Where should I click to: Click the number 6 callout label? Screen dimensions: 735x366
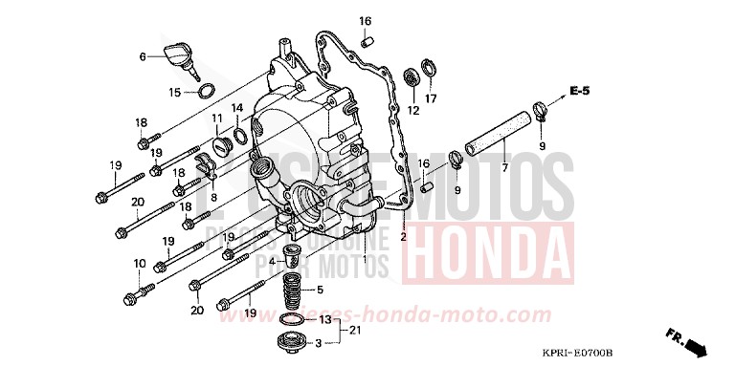(x=143, y=57)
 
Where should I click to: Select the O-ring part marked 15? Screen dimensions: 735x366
(x=204, y=92)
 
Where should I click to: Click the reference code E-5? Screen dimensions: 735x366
(x=579, y=91)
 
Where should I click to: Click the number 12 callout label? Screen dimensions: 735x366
(x=413, y=111)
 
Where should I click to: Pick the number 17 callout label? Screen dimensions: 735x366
(x=431, y=98)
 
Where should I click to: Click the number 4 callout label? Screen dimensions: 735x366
(x=273, y=261)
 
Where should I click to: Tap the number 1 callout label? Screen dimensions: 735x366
(x=365, y=259)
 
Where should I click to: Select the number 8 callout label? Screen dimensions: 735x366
(x=213, y=198)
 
